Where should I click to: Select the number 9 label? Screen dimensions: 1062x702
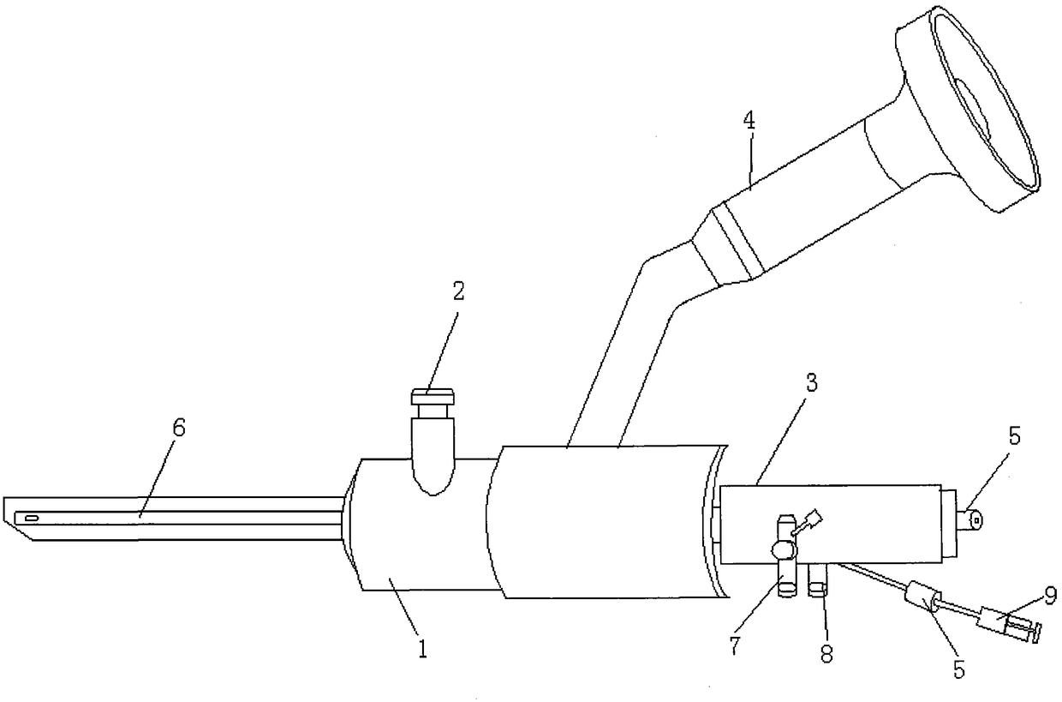point(1050,594)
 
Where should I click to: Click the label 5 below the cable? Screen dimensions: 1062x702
point(959,669)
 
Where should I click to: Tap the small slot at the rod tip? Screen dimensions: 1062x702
point(33,519)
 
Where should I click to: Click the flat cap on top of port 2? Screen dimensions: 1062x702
point(431,397)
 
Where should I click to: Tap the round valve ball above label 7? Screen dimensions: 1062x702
point(783,548)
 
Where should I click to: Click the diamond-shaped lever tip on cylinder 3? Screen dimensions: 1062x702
point(815,518)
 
